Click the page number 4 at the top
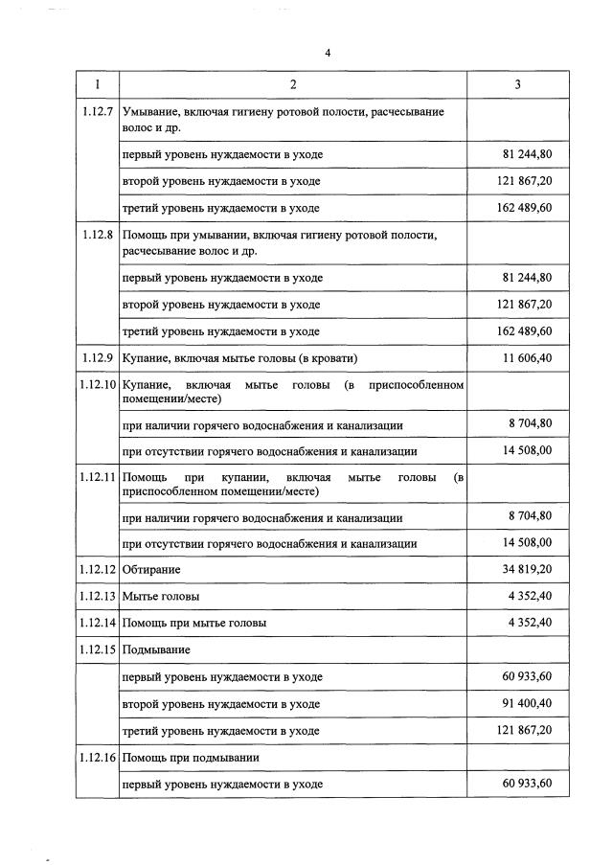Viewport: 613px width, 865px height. click(x=327, y=54)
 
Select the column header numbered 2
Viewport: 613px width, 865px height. click(x=292, y=85)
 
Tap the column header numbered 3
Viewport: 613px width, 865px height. click(x=517, y=85)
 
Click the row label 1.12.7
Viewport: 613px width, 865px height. click(x=97, y=113)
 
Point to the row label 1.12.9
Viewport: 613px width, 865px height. click(x=97, y=358)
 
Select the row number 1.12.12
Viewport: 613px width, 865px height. click(x=98, y=570)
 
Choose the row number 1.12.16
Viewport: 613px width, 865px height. click(x=98, y=758)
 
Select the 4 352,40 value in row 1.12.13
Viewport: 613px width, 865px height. click(x=527, y=596)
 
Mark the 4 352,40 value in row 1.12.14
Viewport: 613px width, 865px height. click(x=527, y=623)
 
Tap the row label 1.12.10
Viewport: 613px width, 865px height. click(x=98, y=385)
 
